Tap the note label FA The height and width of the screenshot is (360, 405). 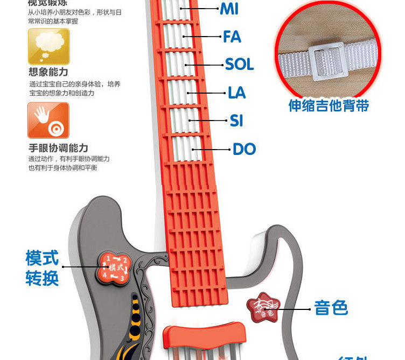tap(232, 37)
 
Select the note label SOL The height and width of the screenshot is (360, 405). tap(239, 65)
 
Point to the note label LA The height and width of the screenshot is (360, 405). tap(236, 93)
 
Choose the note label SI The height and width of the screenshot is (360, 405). tap(236, 121)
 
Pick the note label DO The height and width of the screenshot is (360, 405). tap(244, 149)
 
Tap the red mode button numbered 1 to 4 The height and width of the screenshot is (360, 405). tap(114, 267)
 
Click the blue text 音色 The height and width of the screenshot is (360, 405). tap(331, 308)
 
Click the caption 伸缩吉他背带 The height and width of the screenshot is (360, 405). tap(329, 105)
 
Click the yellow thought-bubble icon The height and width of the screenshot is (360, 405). tap(48, 46)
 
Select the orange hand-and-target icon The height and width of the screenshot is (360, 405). tap(48, 120)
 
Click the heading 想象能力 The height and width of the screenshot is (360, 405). tap(48, 72)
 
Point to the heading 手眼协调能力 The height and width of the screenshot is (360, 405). tap(58, 147)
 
